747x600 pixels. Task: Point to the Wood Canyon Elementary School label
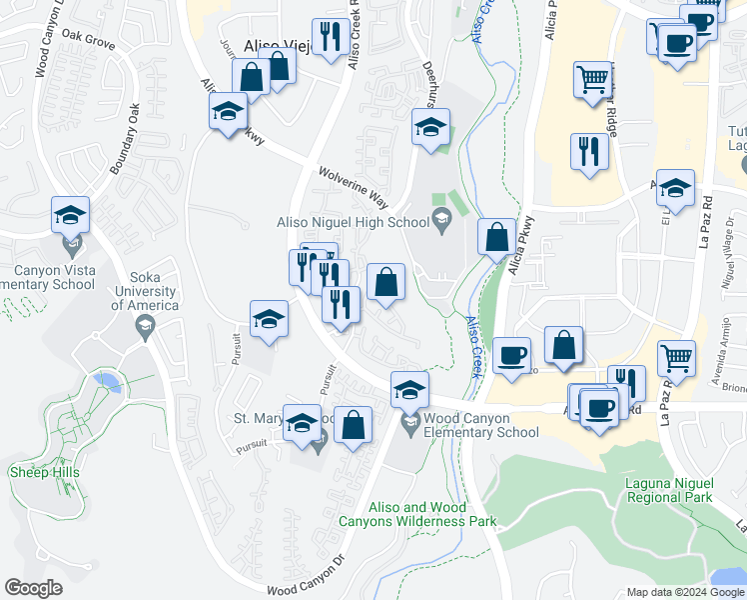coord(480,425)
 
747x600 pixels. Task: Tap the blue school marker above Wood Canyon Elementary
coord(409,390)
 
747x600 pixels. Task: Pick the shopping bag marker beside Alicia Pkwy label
coord(496,238)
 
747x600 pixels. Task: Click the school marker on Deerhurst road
coord(430,128)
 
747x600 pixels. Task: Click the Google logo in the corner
coord(33,588)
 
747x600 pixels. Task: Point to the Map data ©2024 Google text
coord(685,592)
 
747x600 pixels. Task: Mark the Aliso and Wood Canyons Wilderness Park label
coord(432,514)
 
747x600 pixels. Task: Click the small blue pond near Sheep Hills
coord(105,381)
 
